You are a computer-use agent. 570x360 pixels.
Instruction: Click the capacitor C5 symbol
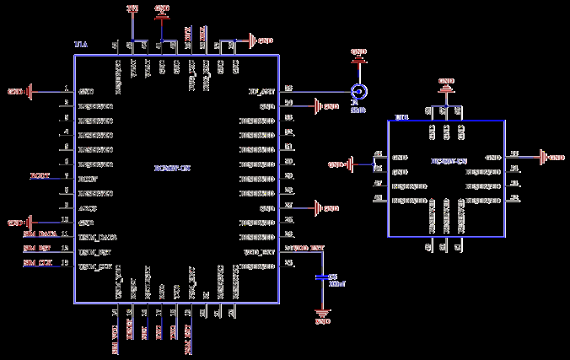321,277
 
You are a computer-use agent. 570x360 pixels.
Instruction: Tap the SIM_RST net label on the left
37,250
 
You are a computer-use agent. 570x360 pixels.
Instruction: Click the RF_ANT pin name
261,91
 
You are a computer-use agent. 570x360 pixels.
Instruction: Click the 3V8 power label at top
132,8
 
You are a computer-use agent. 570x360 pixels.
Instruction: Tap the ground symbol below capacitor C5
321,318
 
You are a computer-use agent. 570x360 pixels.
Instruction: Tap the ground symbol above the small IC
447,83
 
